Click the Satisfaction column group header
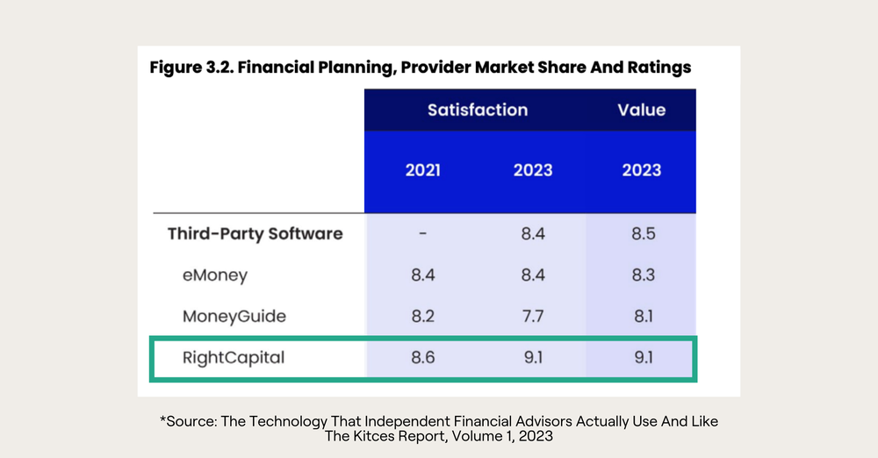(x=478, y=111)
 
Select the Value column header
(x=641, y=111)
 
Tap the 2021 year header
(x=422, y=170)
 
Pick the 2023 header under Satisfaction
(x=533, y=170)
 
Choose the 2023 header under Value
(x=641, y=170)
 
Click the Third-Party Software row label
(x=255, y=234)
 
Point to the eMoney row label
(x=215, y=276)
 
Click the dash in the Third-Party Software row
(x=422, y=234)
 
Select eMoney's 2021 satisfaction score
(x=422, y=276)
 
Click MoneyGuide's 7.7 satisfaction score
(x=533, y=316)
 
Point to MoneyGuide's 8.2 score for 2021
(x=422, y=316)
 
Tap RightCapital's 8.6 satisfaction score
(x=422, y=358)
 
